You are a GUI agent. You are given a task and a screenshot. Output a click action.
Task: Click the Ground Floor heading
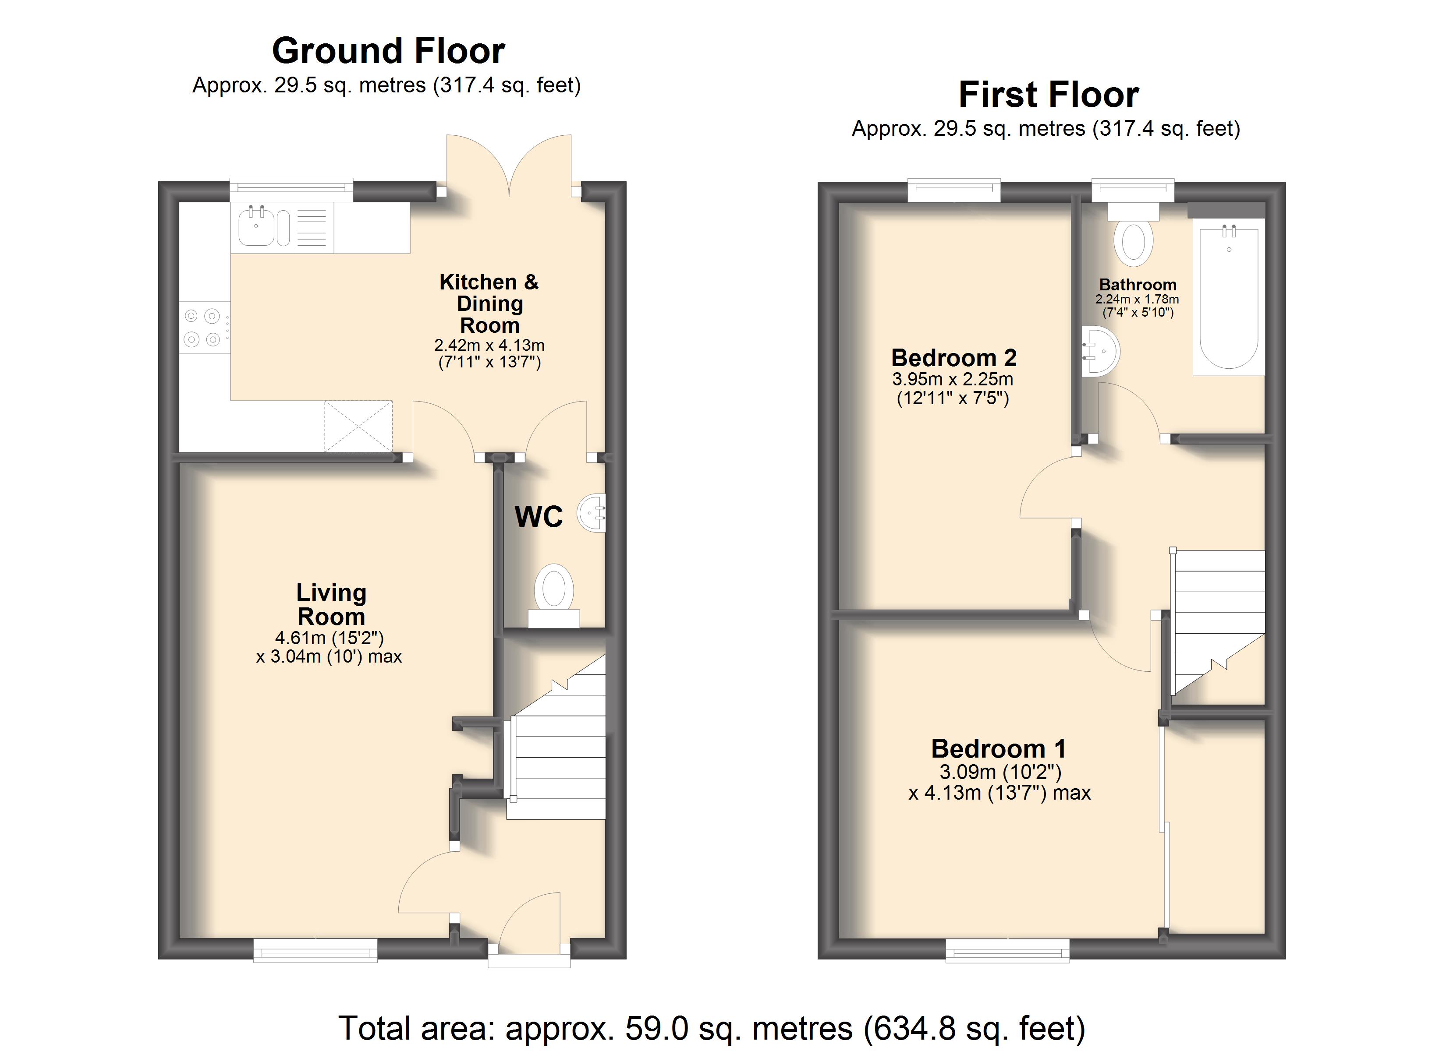[x=388, y=51]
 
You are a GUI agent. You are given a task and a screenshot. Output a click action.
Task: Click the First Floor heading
[x=1049, y=95]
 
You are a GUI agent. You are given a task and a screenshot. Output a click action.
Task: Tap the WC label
[x=539, y=516]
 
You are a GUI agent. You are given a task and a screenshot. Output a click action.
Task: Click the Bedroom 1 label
[x=999, y=748]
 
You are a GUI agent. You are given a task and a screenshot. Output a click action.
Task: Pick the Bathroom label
[x=1138, y=285]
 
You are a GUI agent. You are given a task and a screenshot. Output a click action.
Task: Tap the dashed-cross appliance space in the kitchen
[x=358, y=427]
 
